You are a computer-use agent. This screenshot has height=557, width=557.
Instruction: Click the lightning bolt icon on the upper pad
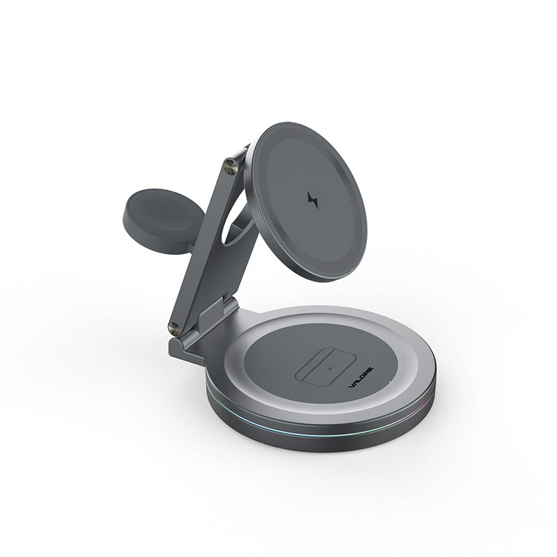(x=312, y=201)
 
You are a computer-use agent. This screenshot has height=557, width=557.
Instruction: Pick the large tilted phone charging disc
(x=306, y=201)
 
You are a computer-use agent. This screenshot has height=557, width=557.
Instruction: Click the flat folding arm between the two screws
(x=203, y=251)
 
